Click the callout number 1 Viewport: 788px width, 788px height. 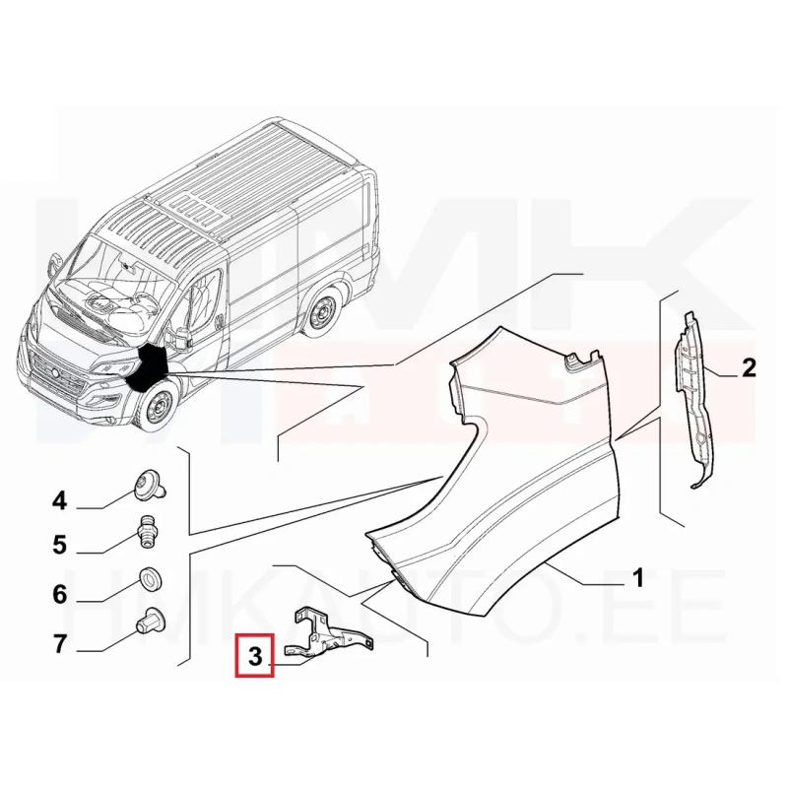click(x=637, y=577)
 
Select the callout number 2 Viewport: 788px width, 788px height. click(x=749, y=367)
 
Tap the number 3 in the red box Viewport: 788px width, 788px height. click(x=255, y=656)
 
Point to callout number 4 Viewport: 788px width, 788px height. click(x=59, y=500)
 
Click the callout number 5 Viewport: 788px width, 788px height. click(x=59, y=545)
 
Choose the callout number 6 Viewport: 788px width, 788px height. click(x=59, y=595)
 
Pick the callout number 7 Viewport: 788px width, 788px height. click(x=59, y=643)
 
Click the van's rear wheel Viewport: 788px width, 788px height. click(x=320, y=312)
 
